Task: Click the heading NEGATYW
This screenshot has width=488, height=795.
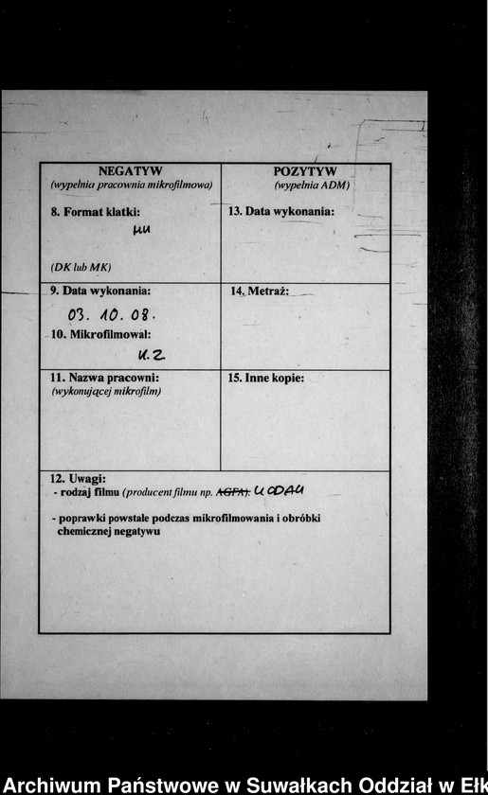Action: (130, 171)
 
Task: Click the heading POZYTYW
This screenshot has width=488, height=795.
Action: (305, 171)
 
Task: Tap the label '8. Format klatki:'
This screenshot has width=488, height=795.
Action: (95, 211)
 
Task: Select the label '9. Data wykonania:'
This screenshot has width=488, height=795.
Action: (100, 291)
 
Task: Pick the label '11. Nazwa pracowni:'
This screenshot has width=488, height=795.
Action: (104, 378)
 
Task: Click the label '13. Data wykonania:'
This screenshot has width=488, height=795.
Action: (281, 211)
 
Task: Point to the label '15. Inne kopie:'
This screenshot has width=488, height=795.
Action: (265, 378)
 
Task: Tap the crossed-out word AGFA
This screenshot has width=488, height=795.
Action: (233, 492)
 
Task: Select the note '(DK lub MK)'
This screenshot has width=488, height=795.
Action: (81, 268)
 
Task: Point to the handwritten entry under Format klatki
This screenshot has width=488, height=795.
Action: (142, 230)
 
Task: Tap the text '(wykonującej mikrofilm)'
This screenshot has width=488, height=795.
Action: (106, 391)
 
